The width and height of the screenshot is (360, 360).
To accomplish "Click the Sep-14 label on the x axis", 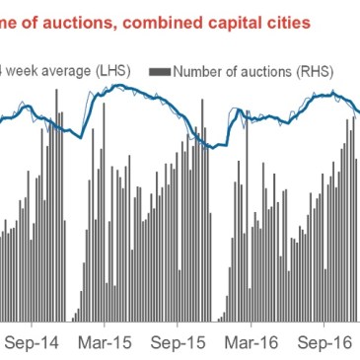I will point(33,346).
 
